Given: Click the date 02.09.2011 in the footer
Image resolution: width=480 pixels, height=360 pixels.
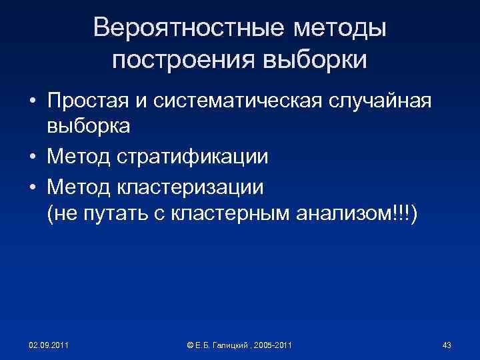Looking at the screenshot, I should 47,345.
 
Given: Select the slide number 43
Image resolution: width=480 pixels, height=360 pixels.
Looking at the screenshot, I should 447,345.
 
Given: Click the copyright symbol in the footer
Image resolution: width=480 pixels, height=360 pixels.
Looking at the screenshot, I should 191,345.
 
